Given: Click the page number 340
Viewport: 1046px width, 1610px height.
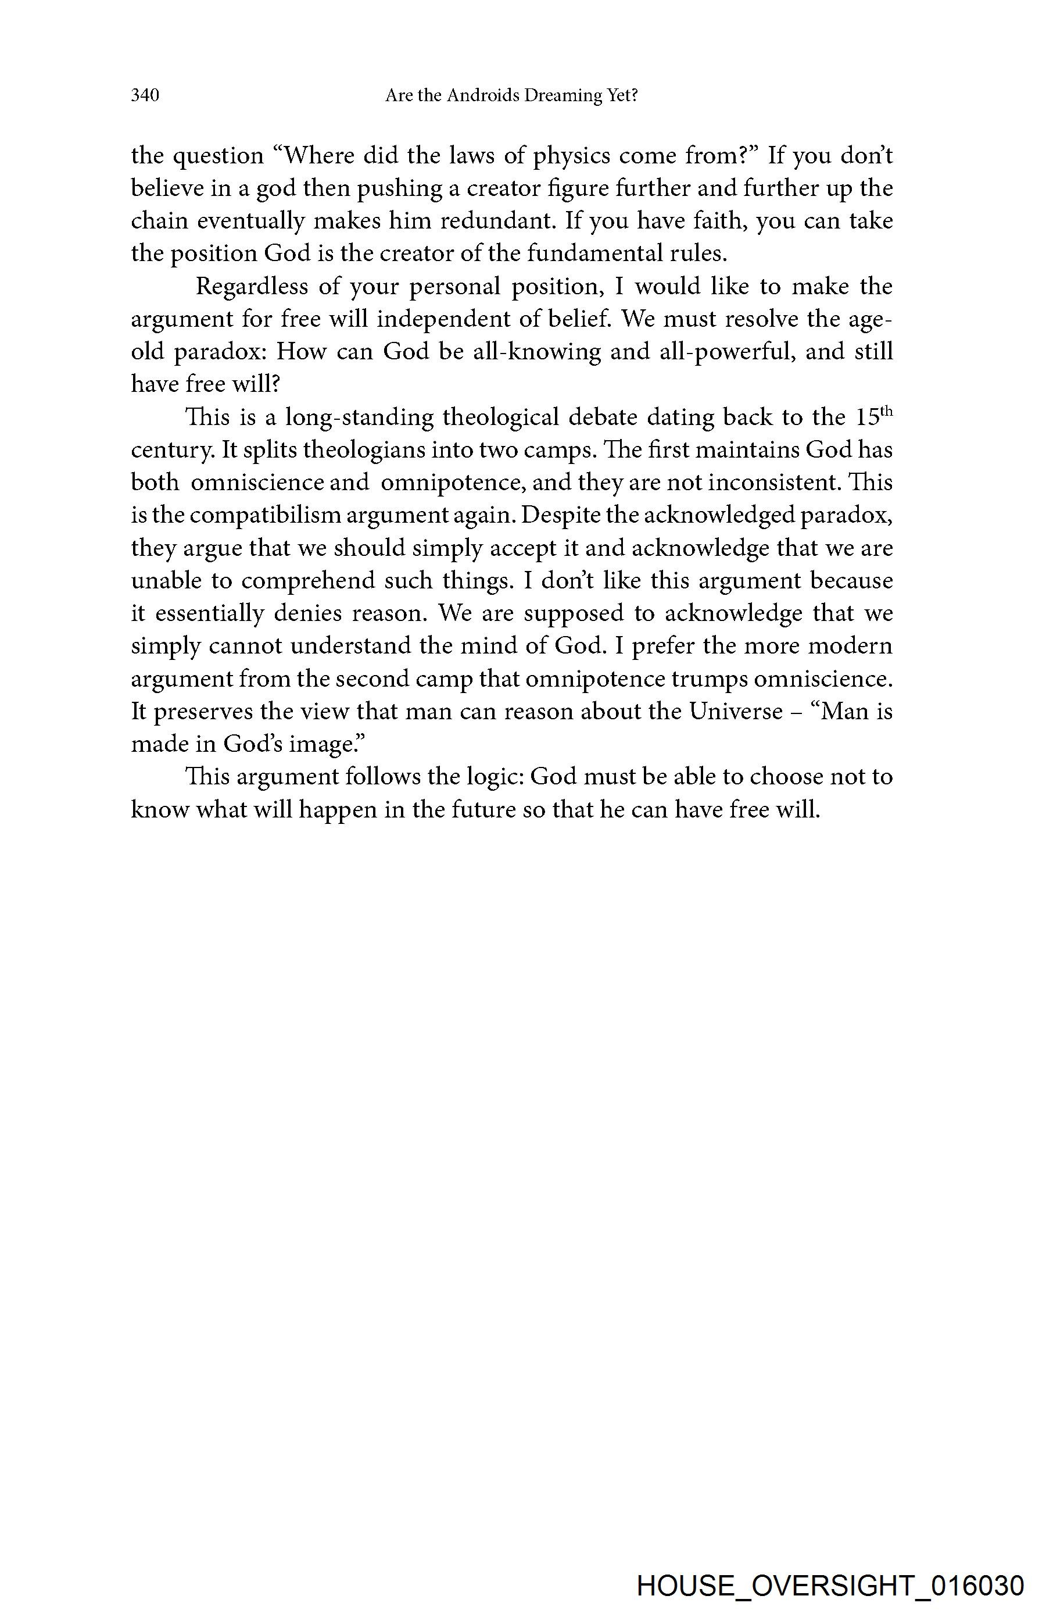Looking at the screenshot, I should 145,96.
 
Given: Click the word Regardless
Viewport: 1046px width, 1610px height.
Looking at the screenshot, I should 252,287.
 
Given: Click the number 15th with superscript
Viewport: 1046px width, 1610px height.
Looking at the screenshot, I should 873,416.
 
